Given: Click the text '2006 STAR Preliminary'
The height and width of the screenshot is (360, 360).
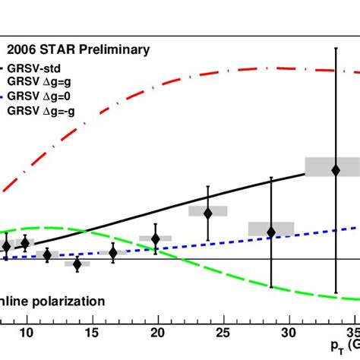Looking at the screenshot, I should coord(78,51).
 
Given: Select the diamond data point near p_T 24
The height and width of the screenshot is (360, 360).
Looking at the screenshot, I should coord(207,213).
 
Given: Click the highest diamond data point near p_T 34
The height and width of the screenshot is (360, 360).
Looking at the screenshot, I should coord(336,170).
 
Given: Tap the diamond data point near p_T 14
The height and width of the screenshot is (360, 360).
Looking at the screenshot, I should coord(77,264).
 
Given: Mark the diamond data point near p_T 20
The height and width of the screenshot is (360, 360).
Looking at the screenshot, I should coord(156,239).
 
